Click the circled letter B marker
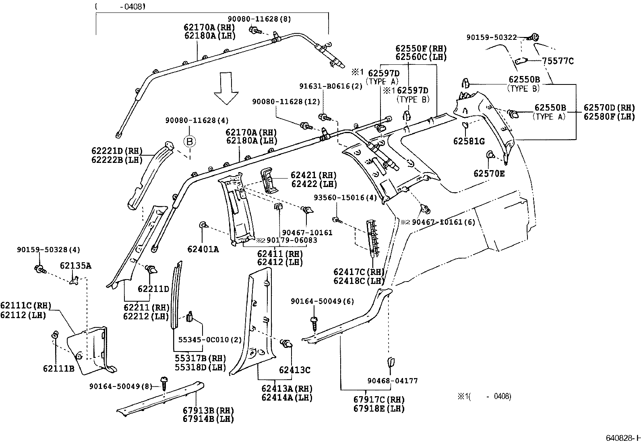190,141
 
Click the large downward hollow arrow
227,88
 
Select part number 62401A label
203,249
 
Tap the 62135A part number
75,265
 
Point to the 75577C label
558,61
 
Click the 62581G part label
469,141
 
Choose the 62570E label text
489,174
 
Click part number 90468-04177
392,380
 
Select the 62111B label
59,368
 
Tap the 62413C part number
294,370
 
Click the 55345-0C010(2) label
210,340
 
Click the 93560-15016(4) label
345,197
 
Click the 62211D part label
153,289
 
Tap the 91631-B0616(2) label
331,86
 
